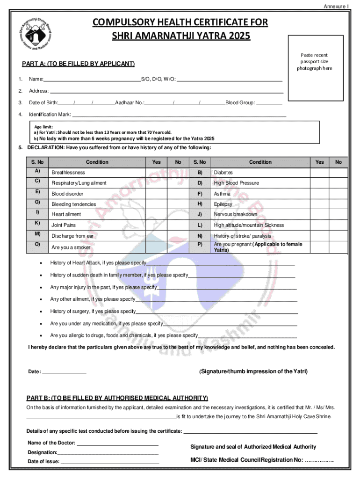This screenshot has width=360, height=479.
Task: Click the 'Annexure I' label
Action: tap(336, 7)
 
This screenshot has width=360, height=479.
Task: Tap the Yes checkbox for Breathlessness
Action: tap(156, 173)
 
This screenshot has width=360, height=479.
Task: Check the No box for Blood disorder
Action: tap(178, 193)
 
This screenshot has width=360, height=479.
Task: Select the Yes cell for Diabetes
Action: tap(319, 173)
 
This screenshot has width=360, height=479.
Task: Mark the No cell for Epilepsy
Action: tap(338, 204)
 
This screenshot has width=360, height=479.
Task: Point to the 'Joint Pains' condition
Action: tap(64, 225)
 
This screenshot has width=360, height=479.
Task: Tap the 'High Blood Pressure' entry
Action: tap(236, 183)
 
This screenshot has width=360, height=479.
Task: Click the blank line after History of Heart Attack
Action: tap(220, 264)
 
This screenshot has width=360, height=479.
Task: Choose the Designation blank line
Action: tap(108, 453)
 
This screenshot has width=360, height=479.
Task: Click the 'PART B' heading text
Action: tap(117, 398)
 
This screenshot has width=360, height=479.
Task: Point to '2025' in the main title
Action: tap(237, 36)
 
